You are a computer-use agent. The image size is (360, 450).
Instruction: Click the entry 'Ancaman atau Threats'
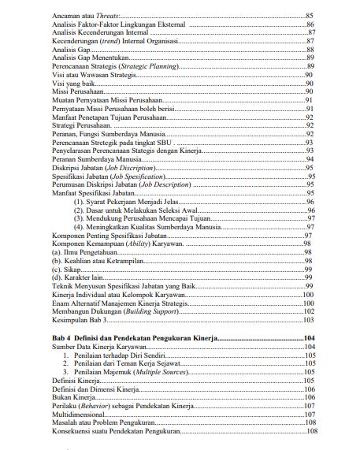pos(79,16)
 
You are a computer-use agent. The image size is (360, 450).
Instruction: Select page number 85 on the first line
pos(309,16)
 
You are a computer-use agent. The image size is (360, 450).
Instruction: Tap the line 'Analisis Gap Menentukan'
pos(82,58)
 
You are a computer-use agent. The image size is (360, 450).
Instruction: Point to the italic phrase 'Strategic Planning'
pos(151,66)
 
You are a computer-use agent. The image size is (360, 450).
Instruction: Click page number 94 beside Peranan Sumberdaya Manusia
pos(310,158)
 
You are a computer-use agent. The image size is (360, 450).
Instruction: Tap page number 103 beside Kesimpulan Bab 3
pos(308,319)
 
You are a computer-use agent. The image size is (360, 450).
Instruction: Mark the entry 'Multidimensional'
pos(76,413)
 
